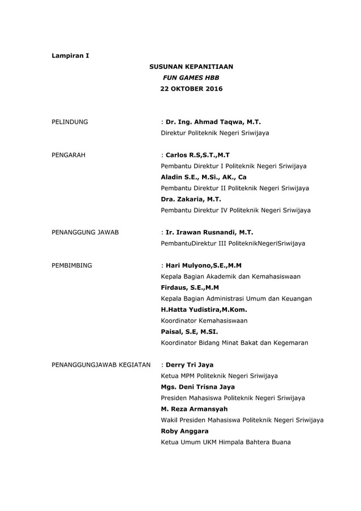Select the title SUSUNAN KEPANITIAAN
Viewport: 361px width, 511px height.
[x=191, y=67]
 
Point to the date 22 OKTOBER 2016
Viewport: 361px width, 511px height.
[x=191, y=89]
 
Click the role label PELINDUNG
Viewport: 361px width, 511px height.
[x=70, y=122]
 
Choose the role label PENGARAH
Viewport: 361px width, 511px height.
[x=68, y=155]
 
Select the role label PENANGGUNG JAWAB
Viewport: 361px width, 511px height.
[x=85, y=233]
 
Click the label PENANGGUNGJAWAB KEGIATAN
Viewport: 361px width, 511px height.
[x=101, y=365]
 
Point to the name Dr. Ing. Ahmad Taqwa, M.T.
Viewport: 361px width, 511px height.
[x=213, y=122]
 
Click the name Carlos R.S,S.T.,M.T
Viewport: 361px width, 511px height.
[x=197, y=155]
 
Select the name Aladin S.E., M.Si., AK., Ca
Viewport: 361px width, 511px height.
[x=204, y=177]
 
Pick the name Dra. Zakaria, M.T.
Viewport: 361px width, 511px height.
[x=191, y=199]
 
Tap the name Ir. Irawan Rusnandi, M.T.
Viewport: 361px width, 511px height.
[x=209, y=233]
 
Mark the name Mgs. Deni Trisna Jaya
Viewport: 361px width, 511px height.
[x=197, y=387]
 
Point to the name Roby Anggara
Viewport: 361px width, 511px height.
[x=184, y=431]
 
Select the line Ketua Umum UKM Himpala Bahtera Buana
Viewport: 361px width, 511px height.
[x=226, y=442]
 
